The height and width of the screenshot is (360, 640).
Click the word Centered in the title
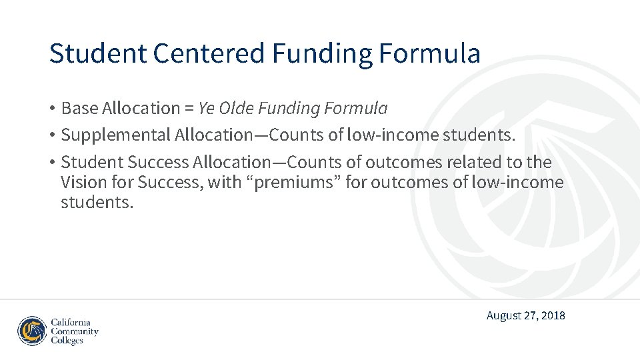pyautogui.click(x=209, y=53)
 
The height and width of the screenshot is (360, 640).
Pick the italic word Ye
pyautogui.click(x=207, y=108)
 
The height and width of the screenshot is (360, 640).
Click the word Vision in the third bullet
pyautogui.click(x=79, y=182)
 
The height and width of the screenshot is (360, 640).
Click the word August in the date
pyautogui.click(x=505, y=315)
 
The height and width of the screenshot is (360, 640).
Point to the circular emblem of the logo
pyautogui.click(x=32, y=331)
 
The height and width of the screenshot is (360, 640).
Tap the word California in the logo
pyautogui.click(x=71, y=322)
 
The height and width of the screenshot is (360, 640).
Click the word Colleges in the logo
pyautogui.click(x=67, y=341)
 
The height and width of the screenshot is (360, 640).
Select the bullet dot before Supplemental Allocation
pyautogui.click(x=51, y=135)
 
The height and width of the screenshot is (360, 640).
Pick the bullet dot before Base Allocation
pyautogui.click(x=51, y=108)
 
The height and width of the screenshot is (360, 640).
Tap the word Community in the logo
pyautogui.click(x=75, y=331)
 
